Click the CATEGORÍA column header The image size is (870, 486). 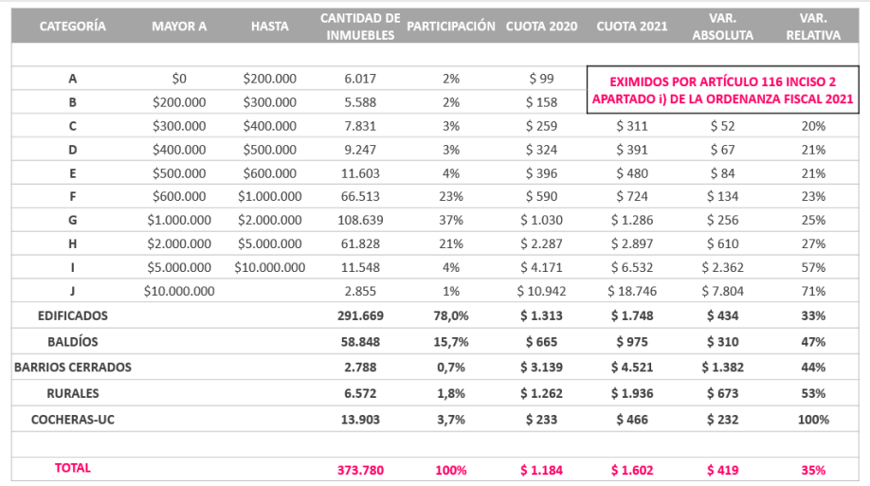72,27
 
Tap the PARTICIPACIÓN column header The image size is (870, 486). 450,27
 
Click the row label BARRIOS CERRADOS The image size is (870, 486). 73,367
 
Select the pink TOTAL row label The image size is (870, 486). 73,468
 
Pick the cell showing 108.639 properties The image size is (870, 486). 359,219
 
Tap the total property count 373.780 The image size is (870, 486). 359,469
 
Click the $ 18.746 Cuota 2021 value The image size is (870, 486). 631,291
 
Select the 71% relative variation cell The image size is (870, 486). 812,291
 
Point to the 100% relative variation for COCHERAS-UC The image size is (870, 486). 812,419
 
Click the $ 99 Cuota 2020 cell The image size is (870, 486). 541,79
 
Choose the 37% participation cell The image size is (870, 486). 451,219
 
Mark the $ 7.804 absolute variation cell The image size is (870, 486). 722,291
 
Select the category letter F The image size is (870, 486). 73,196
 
